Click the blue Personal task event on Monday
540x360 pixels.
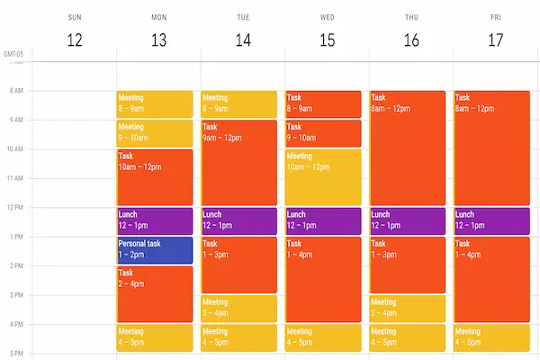coord(154,249)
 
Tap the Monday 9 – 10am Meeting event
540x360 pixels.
coord(154,133)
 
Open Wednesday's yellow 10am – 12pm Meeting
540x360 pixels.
coord(323,176)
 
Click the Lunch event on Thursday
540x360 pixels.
coord(407,220)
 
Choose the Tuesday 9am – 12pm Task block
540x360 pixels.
coord(238,162)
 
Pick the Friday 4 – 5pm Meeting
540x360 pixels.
coord(491,337)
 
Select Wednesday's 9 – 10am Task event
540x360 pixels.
coord(323,133)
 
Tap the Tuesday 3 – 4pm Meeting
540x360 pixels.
coord(238,308)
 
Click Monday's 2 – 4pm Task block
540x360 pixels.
coord(154,293)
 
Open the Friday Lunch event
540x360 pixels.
coord(491,220)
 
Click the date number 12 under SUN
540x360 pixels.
coord(75,40)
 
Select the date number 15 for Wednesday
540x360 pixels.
coord(328,40)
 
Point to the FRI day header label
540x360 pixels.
coord(496,16)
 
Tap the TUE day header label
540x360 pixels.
coord(243,16)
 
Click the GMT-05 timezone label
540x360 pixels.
coord(13,54)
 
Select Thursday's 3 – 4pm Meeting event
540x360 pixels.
coord(407,308)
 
